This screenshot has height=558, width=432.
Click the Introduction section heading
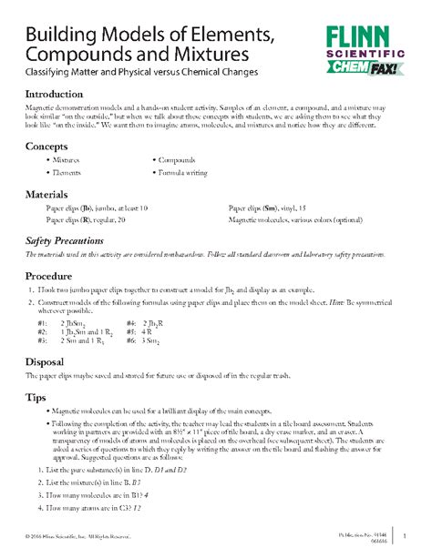59,95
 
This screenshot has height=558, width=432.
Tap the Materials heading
53,195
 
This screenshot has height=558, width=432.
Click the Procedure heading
54,275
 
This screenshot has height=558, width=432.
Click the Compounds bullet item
179,160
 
